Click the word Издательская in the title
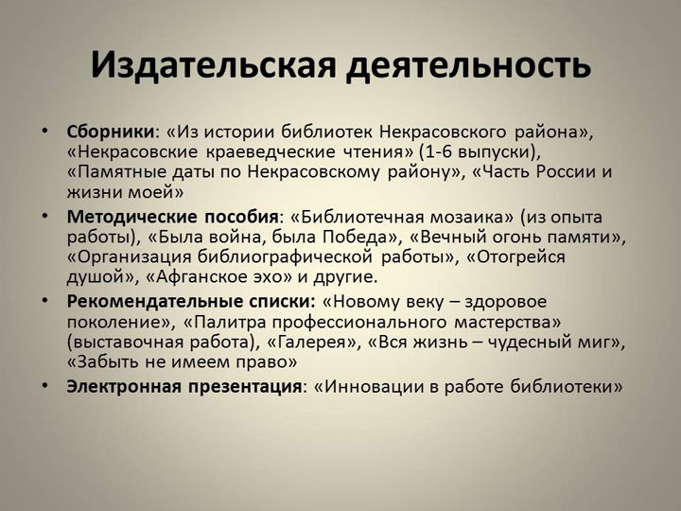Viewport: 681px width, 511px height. click(213, 65)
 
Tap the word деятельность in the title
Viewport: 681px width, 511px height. click(468, 65)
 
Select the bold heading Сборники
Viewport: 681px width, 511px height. click(111, 132)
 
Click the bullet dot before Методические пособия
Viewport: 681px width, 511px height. click(45, 216)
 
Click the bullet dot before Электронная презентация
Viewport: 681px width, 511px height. click(45, 386)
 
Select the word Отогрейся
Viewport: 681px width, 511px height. click(521, 257)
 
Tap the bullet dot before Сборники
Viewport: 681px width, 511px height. click(45, 131)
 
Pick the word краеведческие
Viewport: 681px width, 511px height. click(271, 152)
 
